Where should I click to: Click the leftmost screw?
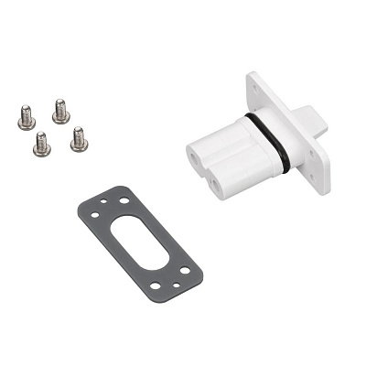click(x=27, y=117)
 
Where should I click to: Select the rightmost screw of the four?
click(x=78, y=139)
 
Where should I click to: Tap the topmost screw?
click(x=60, y=110)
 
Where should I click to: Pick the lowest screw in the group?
click(x=42, y=143)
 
